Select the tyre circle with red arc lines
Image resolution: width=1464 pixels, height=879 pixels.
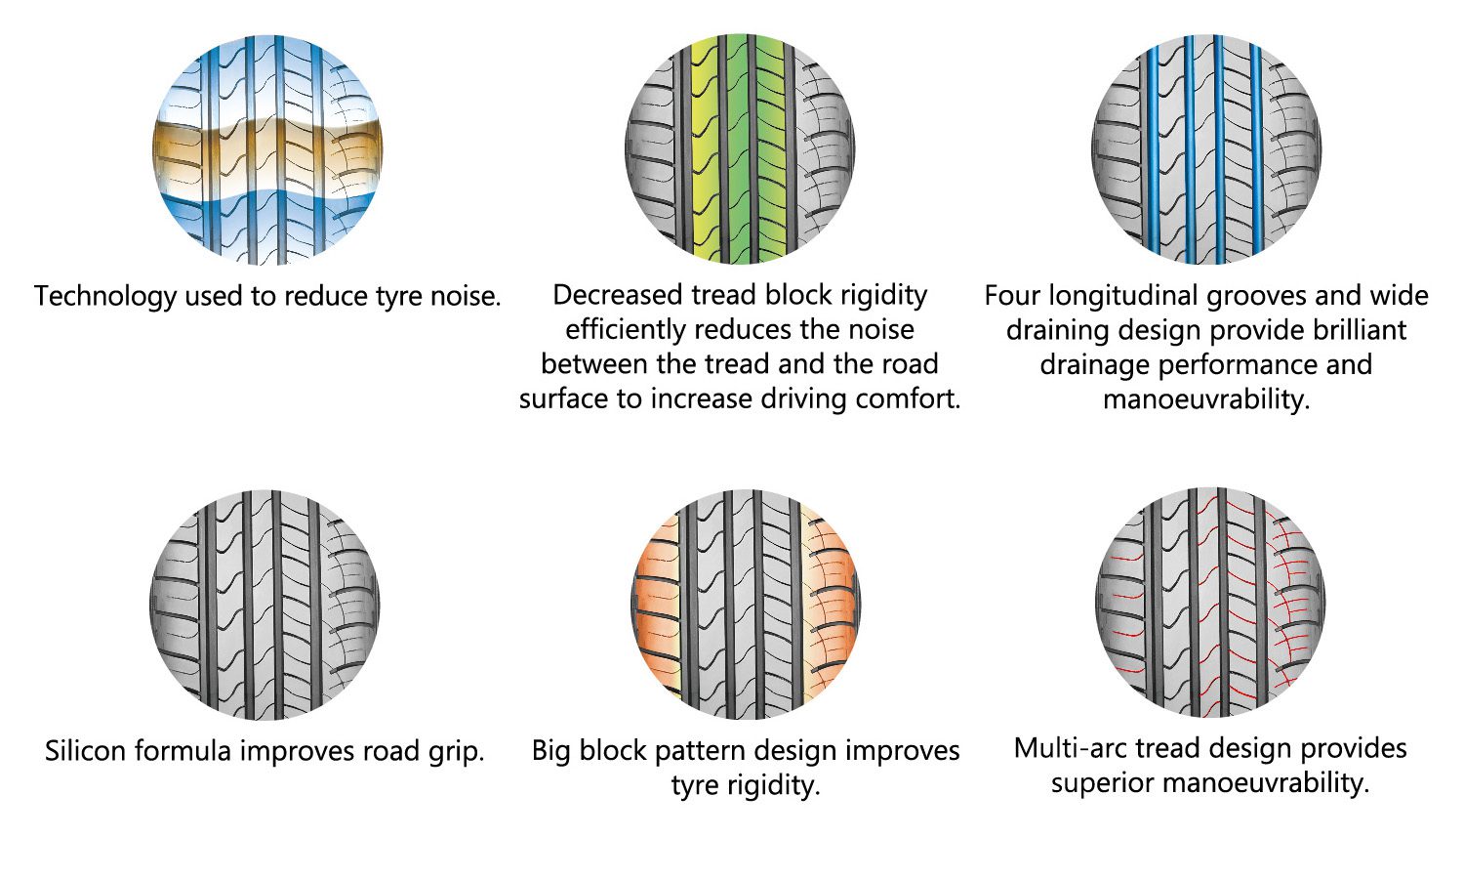(x=1210, y=603)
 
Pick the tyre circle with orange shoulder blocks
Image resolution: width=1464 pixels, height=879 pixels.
(x=746, y=605)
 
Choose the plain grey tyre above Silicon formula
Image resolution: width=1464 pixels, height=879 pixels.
(x=264, y=605)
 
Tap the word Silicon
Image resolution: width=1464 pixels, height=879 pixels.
(x=85, y=751)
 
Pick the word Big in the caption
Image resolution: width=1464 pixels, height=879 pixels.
(x=551, y=751)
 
